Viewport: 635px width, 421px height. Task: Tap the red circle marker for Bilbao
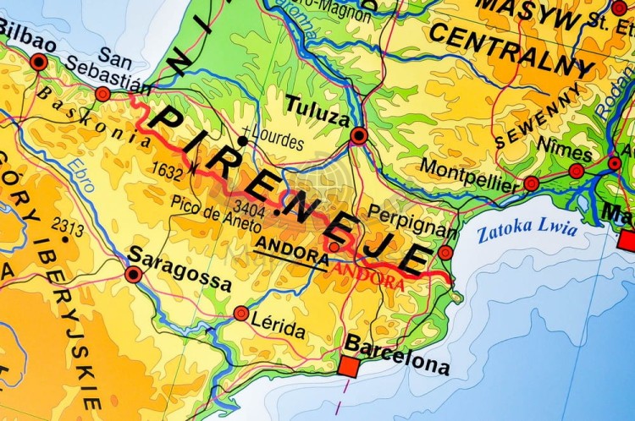coord(38,62)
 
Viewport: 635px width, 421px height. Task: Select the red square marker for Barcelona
coord(348,365)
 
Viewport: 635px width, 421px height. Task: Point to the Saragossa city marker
coord(133,274)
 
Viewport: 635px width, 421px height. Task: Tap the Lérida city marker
coord(241,314)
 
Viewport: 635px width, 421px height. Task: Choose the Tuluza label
coord(317,111)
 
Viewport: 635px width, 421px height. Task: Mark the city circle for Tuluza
coord(359,135)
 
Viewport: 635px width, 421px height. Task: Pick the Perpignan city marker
coord(445,252)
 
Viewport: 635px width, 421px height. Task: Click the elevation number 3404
coord(249,209)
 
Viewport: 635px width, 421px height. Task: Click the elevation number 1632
coord(168,170)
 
